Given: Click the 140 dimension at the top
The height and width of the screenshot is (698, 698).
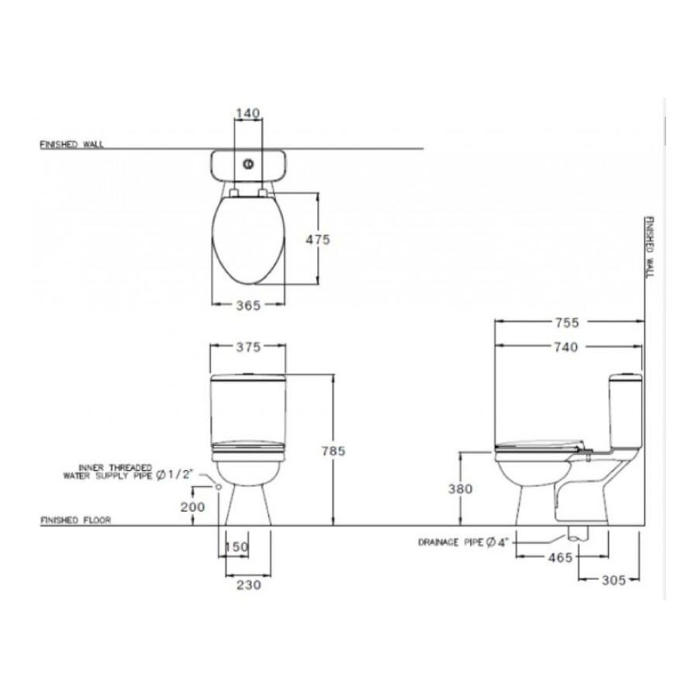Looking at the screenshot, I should pyautogui.click(x=247, y=113).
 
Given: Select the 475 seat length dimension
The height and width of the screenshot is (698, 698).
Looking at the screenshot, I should pyautogui.click(x=318, y=240).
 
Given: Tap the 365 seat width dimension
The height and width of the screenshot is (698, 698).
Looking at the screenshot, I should pyautogui.click(x=247, y=306).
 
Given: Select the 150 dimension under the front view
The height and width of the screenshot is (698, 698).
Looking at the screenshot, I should pyautogui.click(x=237, y=548).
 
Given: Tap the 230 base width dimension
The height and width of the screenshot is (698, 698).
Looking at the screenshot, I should pyautogui.click(x=247, y=586).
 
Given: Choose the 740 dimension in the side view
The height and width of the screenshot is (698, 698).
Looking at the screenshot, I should pyautogui.click(x=569, y=347).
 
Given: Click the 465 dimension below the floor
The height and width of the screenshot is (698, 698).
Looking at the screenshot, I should pyautogui.click(x=559, y=557).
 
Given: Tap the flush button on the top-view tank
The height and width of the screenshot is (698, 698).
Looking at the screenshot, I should pyautogui.click(x=248, y=164).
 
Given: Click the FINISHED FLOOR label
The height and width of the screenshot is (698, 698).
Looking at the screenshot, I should pyautogui.click(x=74, y=521).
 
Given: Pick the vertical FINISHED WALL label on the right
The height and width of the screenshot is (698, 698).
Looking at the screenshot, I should pyautogui.click(x=651, y=247).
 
